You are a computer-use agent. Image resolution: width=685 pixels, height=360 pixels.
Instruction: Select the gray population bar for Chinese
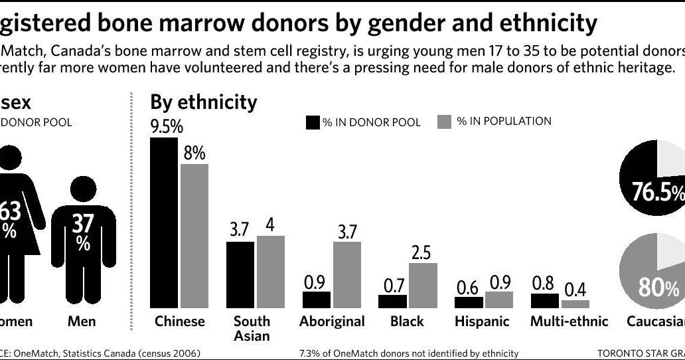tap(194, 236)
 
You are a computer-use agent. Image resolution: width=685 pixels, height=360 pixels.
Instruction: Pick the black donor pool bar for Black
tap(392, 301)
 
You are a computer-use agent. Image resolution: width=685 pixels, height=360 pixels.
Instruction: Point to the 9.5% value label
tap(167, 127)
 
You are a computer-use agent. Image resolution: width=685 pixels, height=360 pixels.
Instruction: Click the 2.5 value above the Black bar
tap(422, 252)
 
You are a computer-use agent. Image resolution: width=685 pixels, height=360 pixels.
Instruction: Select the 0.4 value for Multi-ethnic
tap(575, 290)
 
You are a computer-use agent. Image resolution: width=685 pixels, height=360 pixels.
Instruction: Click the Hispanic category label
tap(482, 321)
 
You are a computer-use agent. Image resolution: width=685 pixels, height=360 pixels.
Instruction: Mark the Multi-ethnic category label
tap(569, 321)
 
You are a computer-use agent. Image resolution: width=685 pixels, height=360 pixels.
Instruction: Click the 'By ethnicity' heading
tap(203, 102)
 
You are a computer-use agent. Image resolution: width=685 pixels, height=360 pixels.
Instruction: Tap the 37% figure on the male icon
tap(83, 230)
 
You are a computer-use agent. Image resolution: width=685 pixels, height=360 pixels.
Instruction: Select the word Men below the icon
tap(82, 321)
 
